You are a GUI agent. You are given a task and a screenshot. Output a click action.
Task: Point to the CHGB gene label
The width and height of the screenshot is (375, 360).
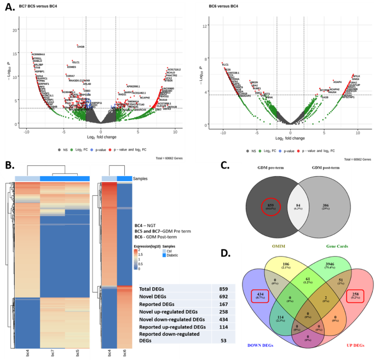pyautogui.click(x=80, y=47)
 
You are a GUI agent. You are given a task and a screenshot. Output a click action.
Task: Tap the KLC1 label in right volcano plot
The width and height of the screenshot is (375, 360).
pyautogui.click(x=226, y=65)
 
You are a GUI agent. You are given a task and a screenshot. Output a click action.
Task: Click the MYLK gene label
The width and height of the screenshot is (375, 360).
pyautogui.click(x=356, y=76)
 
